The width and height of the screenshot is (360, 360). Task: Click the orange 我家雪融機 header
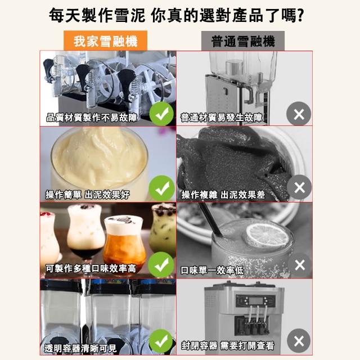(105, 40)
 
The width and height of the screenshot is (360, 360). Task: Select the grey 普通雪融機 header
(243, 41)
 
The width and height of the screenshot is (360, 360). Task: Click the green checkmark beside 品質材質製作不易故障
(161, 114)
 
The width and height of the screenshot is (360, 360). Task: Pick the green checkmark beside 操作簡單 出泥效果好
(161, 188)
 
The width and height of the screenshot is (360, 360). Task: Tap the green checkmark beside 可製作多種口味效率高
(161, 265)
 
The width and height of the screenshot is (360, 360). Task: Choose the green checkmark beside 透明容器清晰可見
(161, 342)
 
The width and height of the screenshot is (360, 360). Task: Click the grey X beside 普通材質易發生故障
(299, 114)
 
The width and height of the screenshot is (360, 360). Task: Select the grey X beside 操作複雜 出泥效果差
(299, 187)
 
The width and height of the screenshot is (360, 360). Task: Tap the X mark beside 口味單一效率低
(300, 265)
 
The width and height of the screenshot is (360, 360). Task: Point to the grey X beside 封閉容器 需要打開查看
(299, 341)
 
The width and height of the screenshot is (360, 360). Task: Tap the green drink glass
(163, 229)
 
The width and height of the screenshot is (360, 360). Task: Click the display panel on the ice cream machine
(255, 300)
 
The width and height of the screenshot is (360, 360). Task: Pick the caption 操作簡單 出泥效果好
(88, 195)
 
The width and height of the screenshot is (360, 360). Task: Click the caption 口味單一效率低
(212, 270)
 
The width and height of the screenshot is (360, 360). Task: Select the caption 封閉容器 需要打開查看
(227, 346)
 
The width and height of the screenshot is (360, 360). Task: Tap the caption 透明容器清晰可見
(80, 348)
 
